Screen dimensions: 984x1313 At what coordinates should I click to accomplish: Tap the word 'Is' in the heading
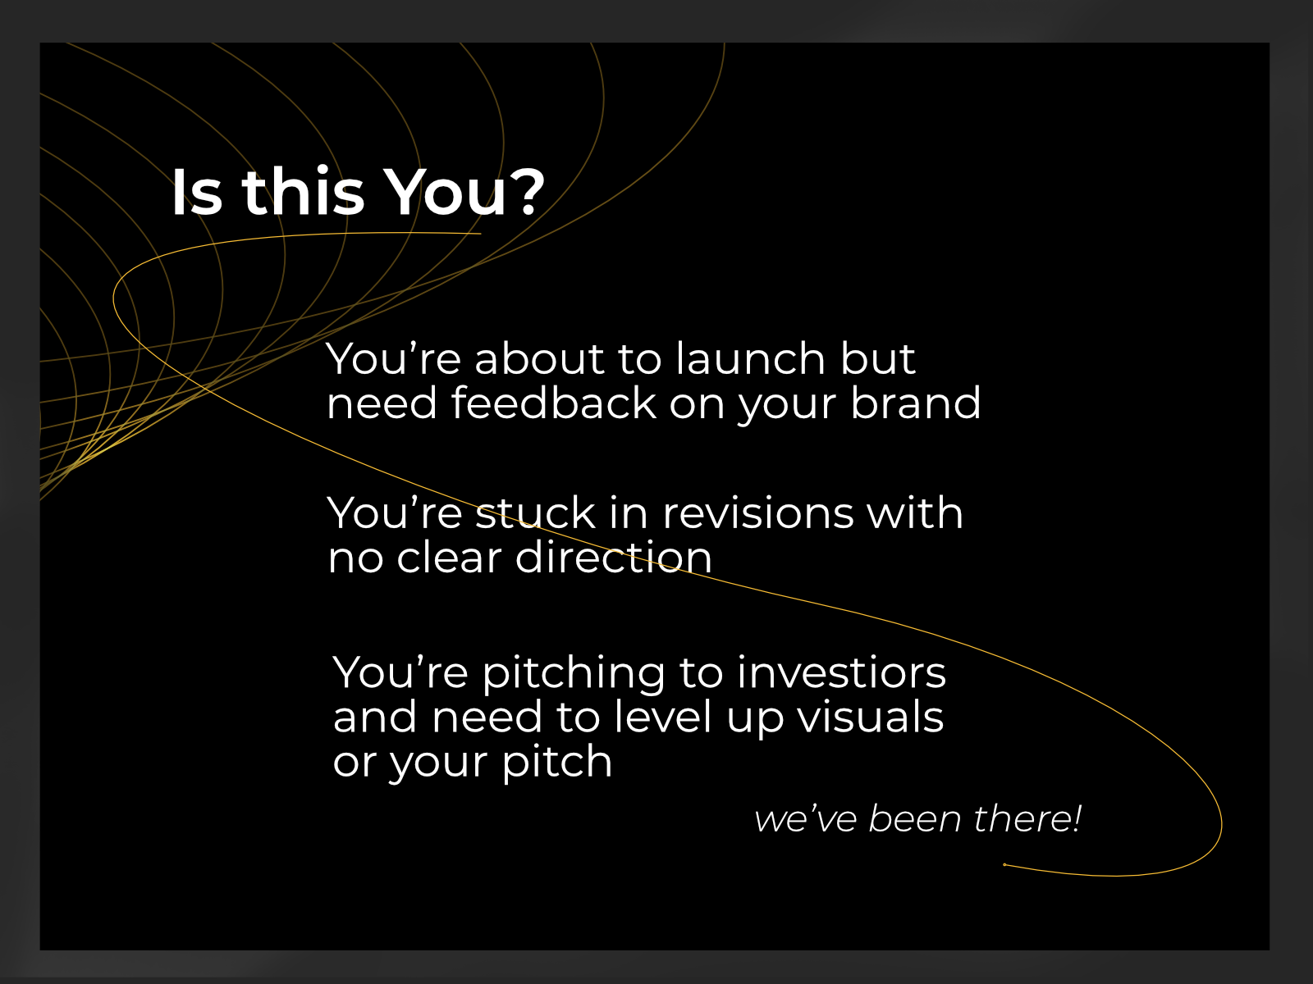coord(196,193)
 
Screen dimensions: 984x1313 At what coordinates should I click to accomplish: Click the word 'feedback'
coord(553,403)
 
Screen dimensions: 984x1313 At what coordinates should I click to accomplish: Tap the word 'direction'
coord(613,558)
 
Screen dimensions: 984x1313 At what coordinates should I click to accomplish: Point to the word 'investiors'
coord(841,672)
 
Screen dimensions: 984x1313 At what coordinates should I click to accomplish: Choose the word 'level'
coord(662,717)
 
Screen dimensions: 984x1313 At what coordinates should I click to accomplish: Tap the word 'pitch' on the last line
coord(556,763)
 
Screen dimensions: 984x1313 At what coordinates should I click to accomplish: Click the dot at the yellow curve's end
coord(1004,864)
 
